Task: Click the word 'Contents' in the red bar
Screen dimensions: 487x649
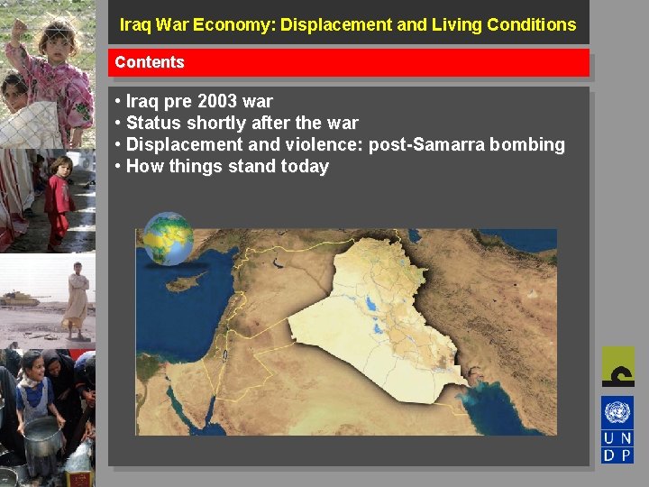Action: (150, 62)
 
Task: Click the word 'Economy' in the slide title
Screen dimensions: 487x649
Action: (235, 24)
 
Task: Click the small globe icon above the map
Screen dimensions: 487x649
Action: (169, 238)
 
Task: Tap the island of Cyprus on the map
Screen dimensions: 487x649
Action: (186, 282)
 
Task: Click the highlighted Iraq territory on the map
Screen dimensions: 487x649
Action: (379, 316)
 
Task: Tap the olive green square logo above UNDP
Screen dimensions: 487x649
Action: (617, 366)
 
